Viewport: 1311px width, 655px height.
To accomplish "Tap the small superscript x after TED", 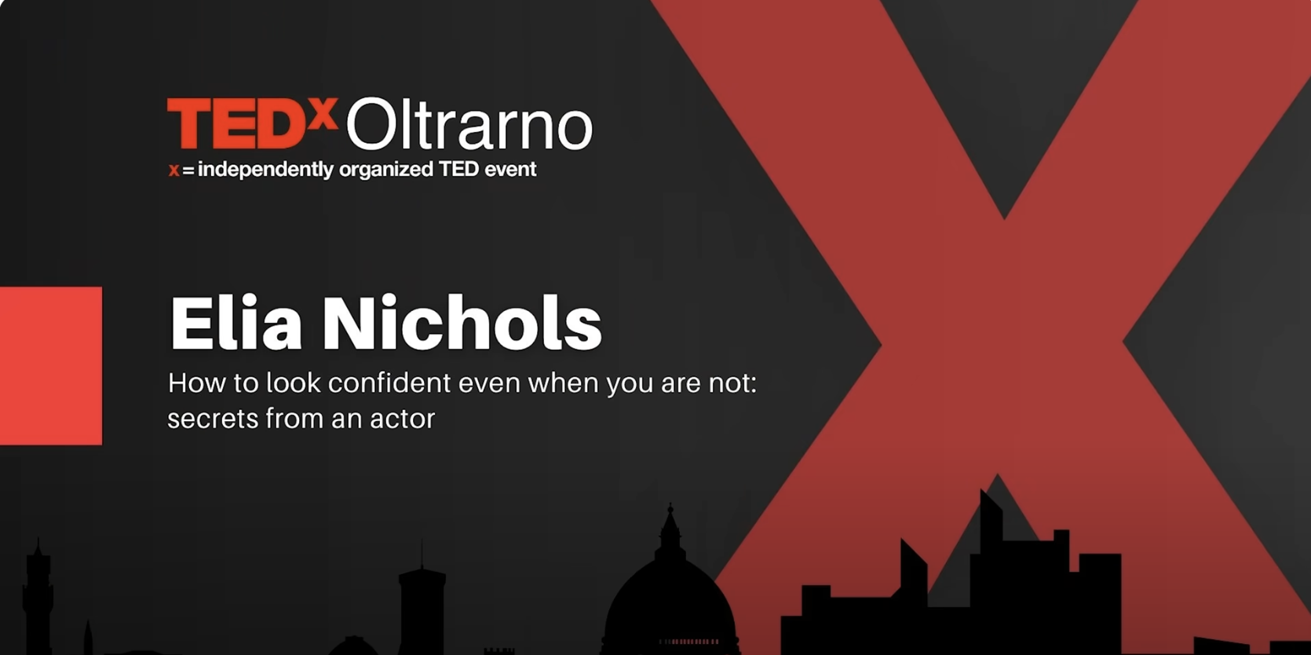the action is pos(323,114).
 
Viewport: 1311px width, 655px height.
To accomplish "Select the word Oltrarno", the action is pos(469,123).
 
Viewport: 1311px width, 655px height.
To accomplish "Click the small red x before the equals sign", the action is pos(173,170).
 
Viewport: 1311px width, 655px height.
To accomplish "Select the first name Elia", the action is pos(236,322).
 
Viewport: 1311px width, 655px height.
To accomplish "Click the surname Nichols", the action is pos(462,322).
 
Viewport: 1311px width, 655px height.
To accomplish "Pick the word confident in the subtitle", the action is pos(389,382).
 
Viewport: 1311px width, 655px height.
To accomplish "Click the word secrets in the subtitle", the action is pos(213,419).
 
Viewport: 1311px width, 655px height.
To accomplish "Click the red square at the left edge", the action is pos(51,366).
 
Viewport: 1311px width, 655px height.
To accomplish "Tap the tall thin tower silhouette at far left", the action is pos(38,597).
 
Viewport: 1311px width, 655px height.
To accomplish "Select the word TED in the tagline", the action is pos(458,170).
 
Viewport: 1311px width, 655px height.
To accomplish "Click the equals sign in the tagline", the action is pos(188,170).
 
